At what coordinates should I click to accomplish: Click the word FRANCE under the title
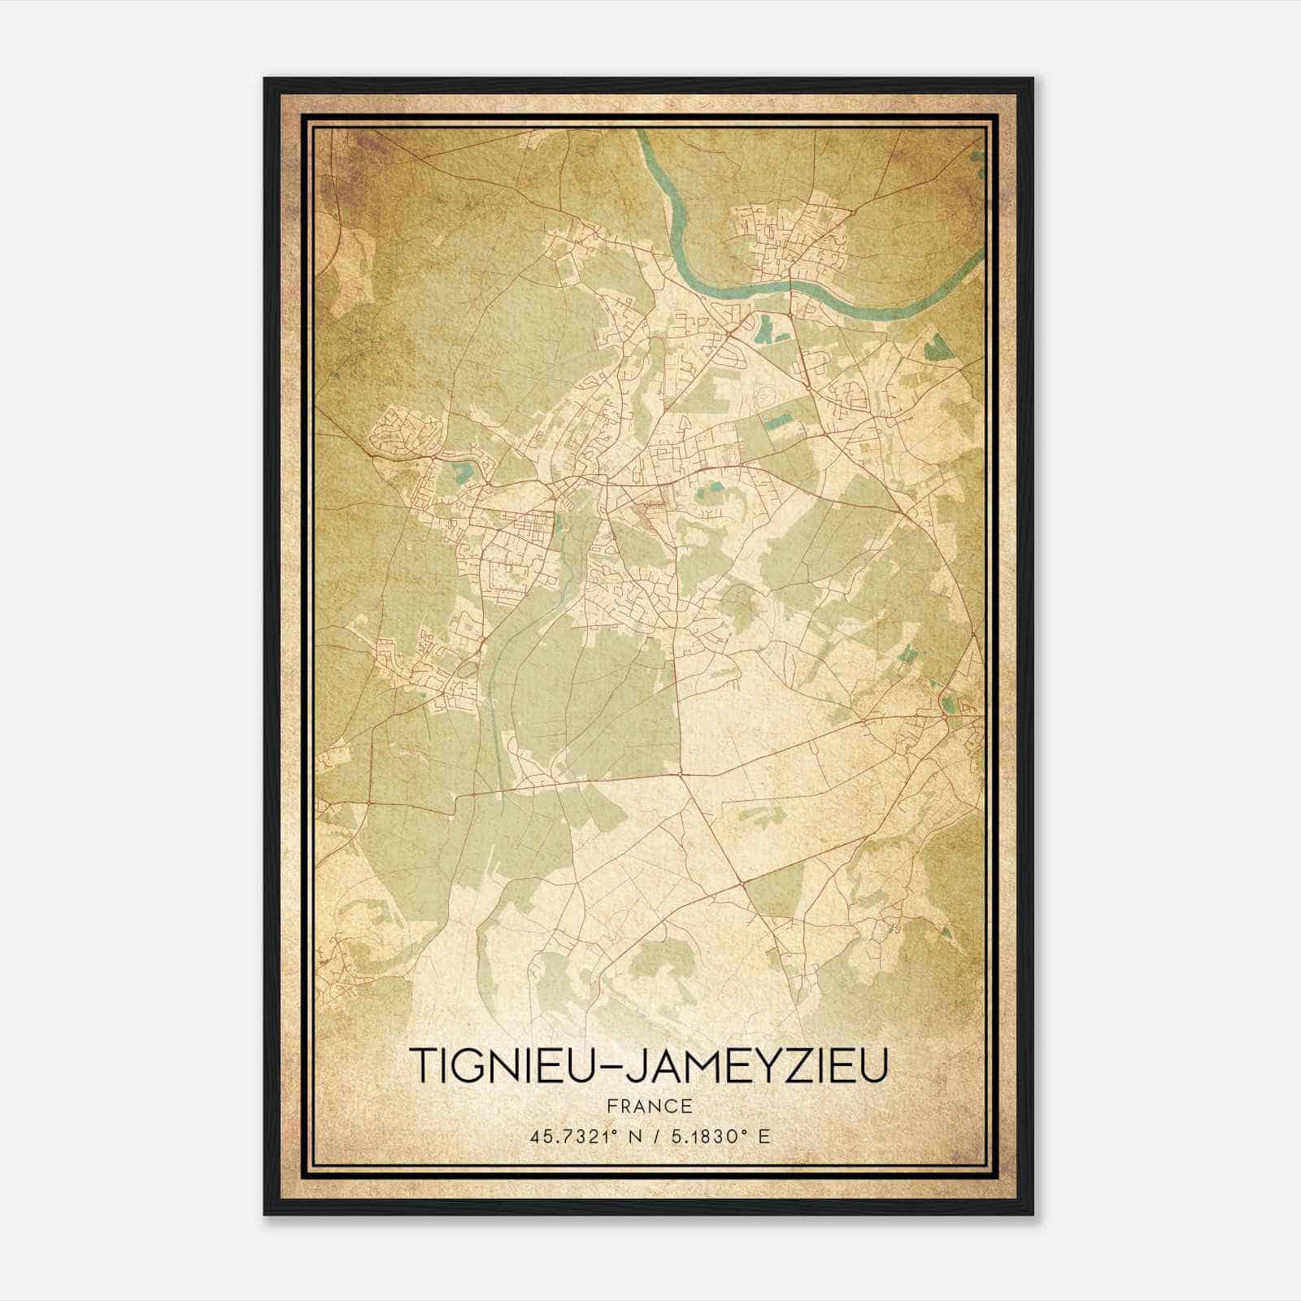[x=648, y=1106]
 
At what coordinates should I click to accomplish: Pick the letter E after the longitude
[x=763, y=1136]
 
